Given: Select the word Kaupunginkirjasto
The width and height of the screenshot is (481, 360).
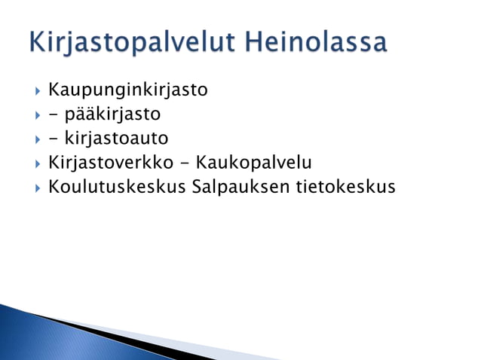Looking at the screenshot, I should coord(127,91).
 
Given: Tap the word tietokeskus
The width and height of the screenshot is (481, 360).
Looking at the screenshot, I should coord(351,185).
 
